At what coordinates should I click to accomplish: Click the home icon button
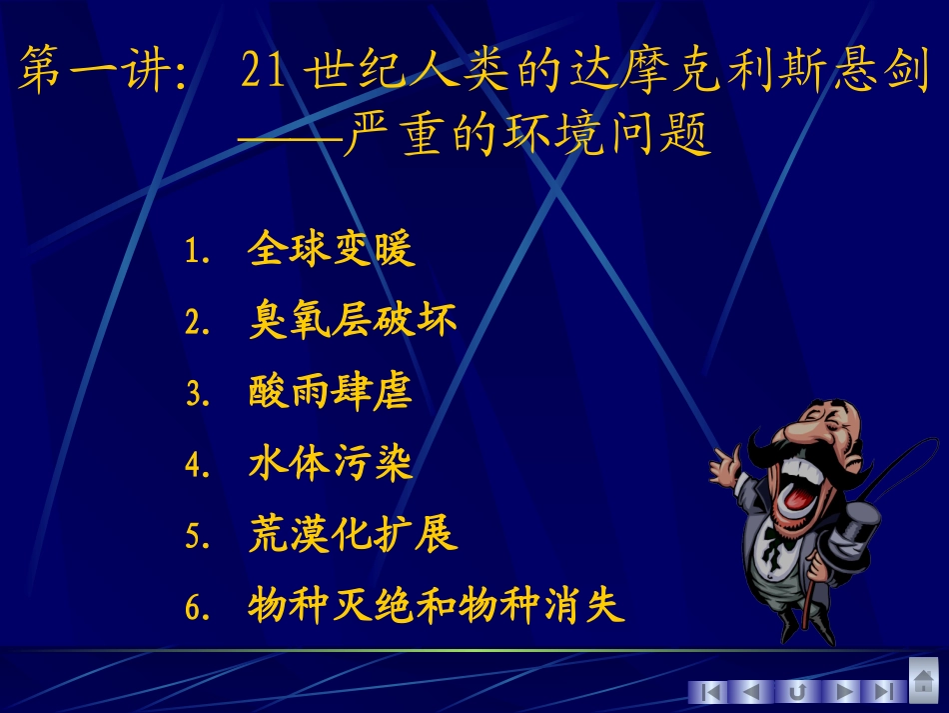click(x=924, y=681)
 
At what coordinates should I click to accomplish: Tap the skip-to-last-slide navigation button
click(x=883, y=692)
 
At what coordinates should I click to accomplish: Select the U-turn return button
click(x=797, y=692)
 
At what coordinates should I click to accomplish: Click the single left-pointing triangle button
click(x=752, y=692)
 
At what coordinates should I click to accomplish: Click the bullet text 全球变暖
click(x=331, y=249)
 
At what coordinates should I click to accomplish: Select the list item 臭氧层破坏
click(x=352, y=320)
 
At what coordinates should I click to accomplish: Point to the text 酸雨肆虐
click(x=331, y=391)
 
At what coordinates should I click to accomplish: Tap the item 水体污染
click(x=331, y=462)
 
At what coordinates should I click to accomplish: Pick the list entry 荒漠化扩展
click(x=352, y=534)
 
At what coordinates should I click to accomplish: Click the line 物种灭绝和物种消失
click(x=436, y=606)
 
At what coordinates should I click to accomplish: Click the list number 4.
click(x=195, y=465)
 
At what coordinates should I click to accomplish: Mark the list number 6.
click(x=195, y=608)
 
